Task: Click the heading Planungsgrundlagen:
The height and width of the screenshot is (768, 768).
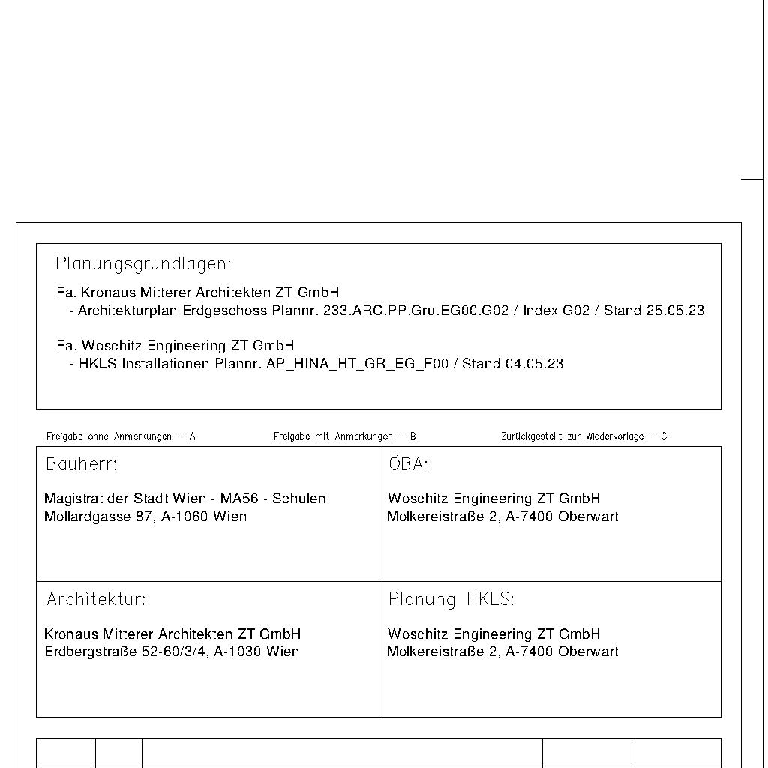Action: tap(143, 264)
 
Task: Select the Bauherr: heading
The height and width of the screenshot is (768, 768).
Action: tap(82, 464)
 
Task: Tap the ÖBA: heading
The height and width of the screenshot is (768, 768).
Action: tap(408, 464)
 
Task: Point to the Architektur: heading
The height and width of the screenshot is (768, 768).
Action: tap(96, 599)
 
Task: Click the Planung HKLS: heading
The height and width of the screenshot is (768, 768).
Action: tap(451, 599)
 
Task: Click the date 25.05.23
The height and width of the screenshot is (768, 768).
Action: tap(675, 310)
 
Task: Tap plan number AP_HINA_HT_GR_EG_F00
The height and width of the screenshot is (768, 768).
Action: tap(357, 364)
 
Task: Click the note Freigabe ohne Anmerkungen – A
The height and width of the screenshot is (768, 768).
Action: tap(121, 436)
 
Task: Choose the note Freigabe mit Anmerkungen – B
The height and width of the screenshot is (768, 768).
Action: tap(344, 436)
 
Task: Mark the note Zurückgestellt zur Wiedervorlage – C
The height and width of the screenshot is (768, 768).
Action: tap(583, 436)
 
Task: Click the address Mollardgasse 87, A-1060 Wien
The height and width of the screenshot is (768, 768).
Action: tap(145, 517)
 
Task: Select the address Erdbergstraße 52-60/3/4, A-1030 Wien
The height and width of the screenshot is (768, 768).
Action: tap(172, 652)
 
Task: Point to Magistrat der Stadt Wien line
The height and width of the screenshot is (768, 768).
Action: tap(184, 499)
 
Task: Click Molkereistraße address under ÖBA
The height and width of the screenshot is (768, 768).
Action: tap(502, 517)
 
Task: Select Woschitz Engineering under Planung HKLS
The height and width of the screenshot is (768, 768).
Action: tap(493, 634)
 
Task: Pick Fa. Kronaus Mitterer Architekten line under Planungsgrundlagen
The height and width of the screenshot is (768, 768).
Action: tap(197, 292)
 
